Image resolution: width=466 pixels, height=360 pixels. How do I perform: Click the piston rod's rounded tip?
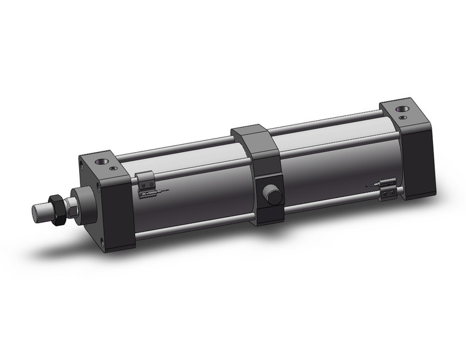point(38,213)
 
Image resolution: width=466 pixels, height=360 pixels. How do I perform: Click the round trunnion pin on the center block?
point(271,196)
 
